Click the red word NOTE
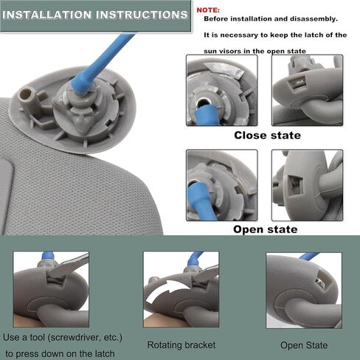tap(208, 10)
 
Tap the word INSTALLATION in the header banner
tap(47, 15)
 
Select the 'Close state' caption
tap(267, 135)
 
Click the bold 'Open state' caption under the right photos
tap(266, 229)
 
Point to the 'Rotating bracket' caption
tap(181, 345)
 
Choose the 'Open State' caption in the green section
tap(304, 345)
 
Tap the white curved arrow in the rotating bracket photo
tap(167, 290)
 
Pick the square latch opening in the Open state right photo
tap(294, 184)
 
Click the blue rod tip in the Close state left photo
tap(206, 115)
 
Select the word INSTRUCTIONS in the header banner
tap(142, 15)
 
